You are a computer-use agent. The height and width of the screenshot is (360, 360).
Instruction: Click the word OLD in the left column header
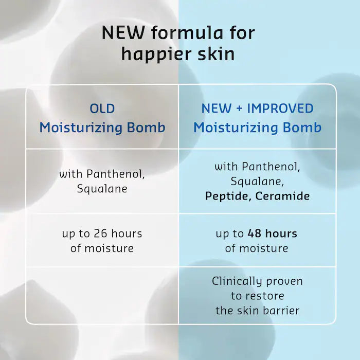click(x=102, y=109)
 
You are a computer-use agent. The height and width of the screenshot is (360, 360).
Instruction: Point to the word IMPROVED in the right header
click(x=280, y=109)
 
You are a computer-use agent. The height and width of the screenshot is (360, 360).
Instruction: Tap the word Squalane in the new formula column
click(x=257, y=182)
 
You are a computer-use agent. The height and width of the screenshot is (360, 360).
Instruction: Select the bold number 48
click(x=254, y=234)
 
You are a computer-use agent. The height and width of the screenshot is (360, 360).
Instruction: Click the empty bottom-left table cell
click(x=102, y=295)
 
